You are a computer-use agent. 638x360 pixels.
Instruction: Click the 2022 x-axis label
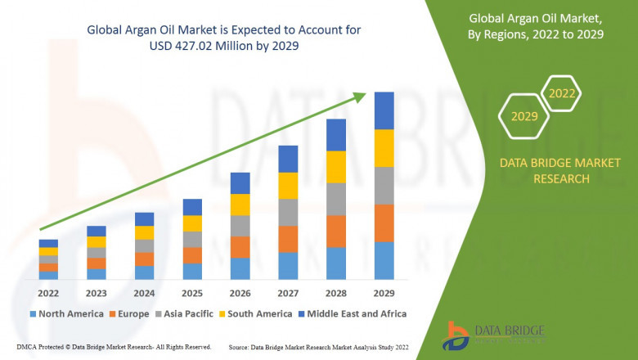coord(48,292)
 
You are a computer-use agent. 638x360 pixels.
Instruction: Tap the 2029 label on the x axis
coord(384,292)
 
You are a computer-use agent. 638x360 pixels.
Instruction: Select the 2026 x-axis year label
coord(240,292)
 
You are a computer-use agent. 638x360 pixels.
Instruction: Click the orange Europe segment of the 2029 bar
coord(384,223)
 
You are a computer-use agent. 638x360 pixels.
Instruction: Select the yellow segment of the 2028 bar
coord(336,167)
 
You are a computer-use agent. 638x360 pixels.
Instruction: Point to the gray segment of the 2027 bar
coord(288,212)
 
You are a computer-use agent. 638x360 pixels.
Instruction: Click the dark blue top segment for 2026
coord(240,182)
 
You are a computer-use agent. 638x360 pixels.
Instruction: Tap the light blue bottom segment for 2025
coord(192,271)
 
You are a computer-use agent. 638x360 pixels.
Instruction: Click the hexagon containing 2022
coord(562,94)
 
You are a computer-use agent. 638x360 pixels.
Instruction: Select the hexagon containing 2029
coord(524,116)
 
